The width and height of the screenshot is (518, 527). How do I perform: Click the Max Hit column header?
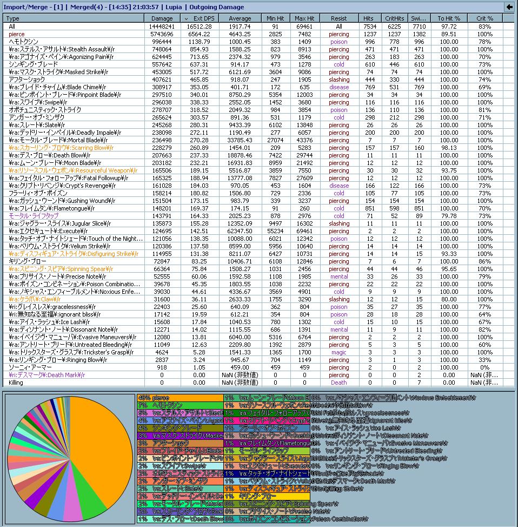pyautogui.click(x=304, y=18)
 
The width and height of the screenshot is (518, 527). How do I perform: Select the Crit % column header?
pyautogui.click(x=484, y=18)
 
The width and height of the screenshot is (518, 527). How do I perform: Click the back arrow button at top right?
pyautogui.click(x=509, y=7)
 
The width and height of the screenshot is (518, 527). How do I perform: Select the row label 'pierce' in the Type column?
pyautogui.click(x=17, y=34)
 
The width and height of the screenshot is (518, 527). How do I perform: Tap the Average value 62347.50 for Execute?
pyautogui.click(x=240, y=231)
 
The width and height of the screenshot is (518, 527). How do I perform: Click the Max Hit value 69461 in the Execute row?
pyautogui.click(x=304, y=231)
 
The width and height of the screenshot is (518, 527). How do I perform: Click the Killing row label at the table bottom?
pyautogui.click(x=16, y=383)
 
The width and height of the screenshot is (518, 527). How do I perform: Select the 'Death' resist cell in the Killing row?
pyautogui.click(x=338, y=383)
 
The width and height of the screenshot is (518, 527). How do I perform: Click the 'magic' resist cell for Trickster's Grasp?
pyautogui.click(x=338, y=352)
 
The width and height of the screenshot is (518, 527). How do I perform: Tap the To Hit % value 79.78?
pyautogui.click(x=449, y=216)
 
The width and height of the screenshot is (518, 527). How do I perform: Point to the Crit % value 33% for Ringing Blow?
pyautogui.click(x=484, y=360)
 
